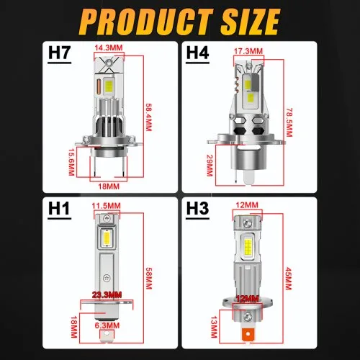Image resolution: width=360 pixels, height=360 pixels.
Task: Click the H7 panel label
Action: [59, 53]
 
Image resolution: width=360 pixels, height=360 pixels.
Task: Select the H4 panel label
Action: [197, 53]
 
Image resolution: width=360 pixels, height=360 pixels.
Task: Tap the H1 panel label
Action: [59, 208]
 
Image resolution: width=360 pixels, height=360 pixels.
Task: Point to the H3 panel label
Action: [197, 208]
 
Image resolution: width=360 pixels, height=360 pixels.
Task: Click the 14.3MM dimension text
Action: [109, 48]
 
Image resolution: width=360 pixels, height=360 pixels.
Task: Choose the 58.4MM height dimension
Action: [149, 117]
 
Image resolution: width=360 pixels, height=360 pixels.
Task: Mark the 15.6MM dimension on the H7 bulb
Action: [71, 162]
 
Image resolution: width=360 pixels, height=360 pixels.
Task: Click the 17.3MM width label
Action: [248, 51]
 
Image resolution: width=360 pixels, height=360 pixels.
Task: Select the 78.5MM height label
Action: [289, 122]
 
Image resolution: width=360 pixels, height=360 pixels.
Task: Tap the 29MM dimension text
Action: [210, 165]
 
